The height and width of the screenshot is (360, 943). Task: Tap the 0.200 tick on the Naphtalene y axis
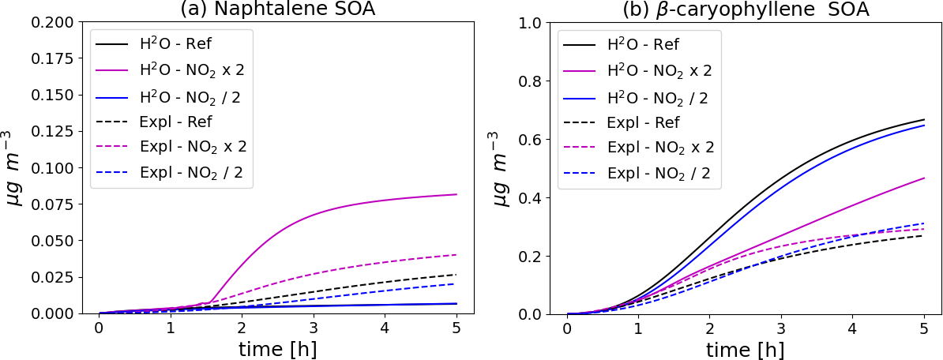pos(53,23)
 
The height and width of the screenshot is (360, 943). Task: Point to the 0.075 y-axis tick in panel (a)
pos(53,204)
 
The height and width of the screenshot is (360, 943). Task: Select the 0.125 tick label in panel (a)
pos(53,132)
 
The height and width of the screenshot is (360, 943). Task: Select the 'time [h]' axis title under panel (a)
pos(277,347)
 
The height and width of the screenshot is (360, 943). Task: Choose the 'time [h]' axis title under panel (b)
pos(745,347)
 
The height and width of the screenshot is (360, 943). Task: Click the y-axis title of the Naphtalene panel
pos(17,168)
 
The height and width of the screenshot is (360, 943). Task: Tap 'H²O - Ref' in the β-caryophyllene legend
pos(642,45)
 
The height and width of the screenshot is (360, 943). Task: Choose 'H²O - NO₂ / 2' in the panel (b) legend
pos(657,97)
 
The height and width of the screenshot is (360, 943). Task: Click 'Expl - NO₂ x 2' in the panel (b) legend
pos(660,148)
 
